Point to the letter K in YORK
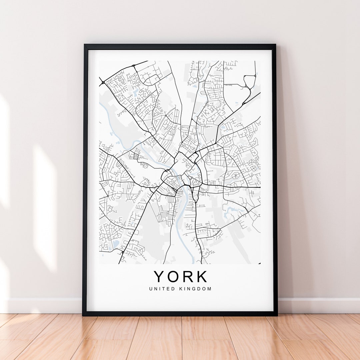(x=201, y=277)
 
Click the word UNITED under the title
(x=162, y=289)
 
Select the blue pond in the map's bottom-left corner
(x=115, y=244)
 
